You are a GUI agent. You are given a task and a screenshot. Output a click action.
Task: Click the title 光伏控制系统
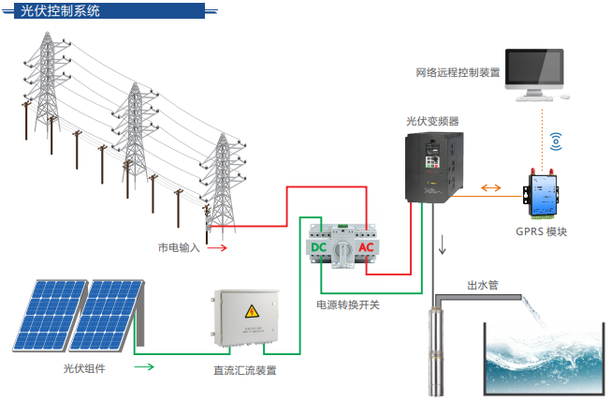point(60,10)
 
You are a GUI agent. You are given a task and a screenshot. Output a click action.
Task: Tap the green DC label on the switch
point(318,247)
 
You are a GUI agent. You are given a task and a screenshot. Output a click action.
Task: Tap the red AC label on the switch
point(366,247)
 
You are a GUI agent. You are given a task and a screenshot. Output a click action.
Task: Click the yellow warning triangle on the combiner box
point(252,312)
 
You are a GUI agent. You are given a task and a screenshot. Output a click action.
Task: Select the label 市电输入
point(179,247)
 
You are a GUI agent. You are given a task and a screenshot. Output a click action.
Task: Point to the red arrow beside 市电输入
point(217,247)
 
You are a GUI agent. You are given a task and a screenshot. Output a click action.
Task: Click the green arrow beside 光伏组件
point(144,366)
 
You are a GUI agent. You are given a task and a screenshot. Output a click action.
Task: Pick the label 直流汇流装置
point(245,370)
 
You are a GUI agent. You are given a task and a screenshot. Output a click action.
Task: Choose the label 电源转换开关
point(347,304)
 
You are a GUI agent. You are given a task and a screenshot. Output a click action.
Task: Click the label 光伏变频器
point(432,121)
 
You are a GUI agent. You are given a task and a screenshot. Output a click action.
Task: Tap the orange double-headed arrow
point(491,188)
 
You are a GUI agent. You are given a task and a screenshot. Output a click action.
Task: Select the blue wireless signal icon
point(556,141)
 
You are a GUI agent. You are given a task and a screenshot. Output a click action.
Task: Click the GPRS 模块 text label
point(541,231)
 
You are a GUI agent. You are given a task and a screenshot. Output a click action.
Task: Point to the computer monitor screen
point(534,67)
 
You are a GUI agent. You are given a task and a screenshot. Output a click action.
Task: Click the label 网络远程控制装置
point(458,72)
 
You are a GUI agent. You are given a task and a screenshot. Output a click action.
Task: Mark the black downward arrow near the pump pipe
point(443,245)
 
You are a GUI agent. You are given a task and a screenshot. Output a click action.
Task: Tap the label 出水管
point(483,285)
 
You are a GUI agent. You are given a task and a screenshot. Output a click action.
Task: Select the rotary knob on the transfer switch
point(342,249)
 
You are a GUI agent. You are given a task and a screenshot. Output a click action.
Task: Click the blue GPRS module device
point(542,194)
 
